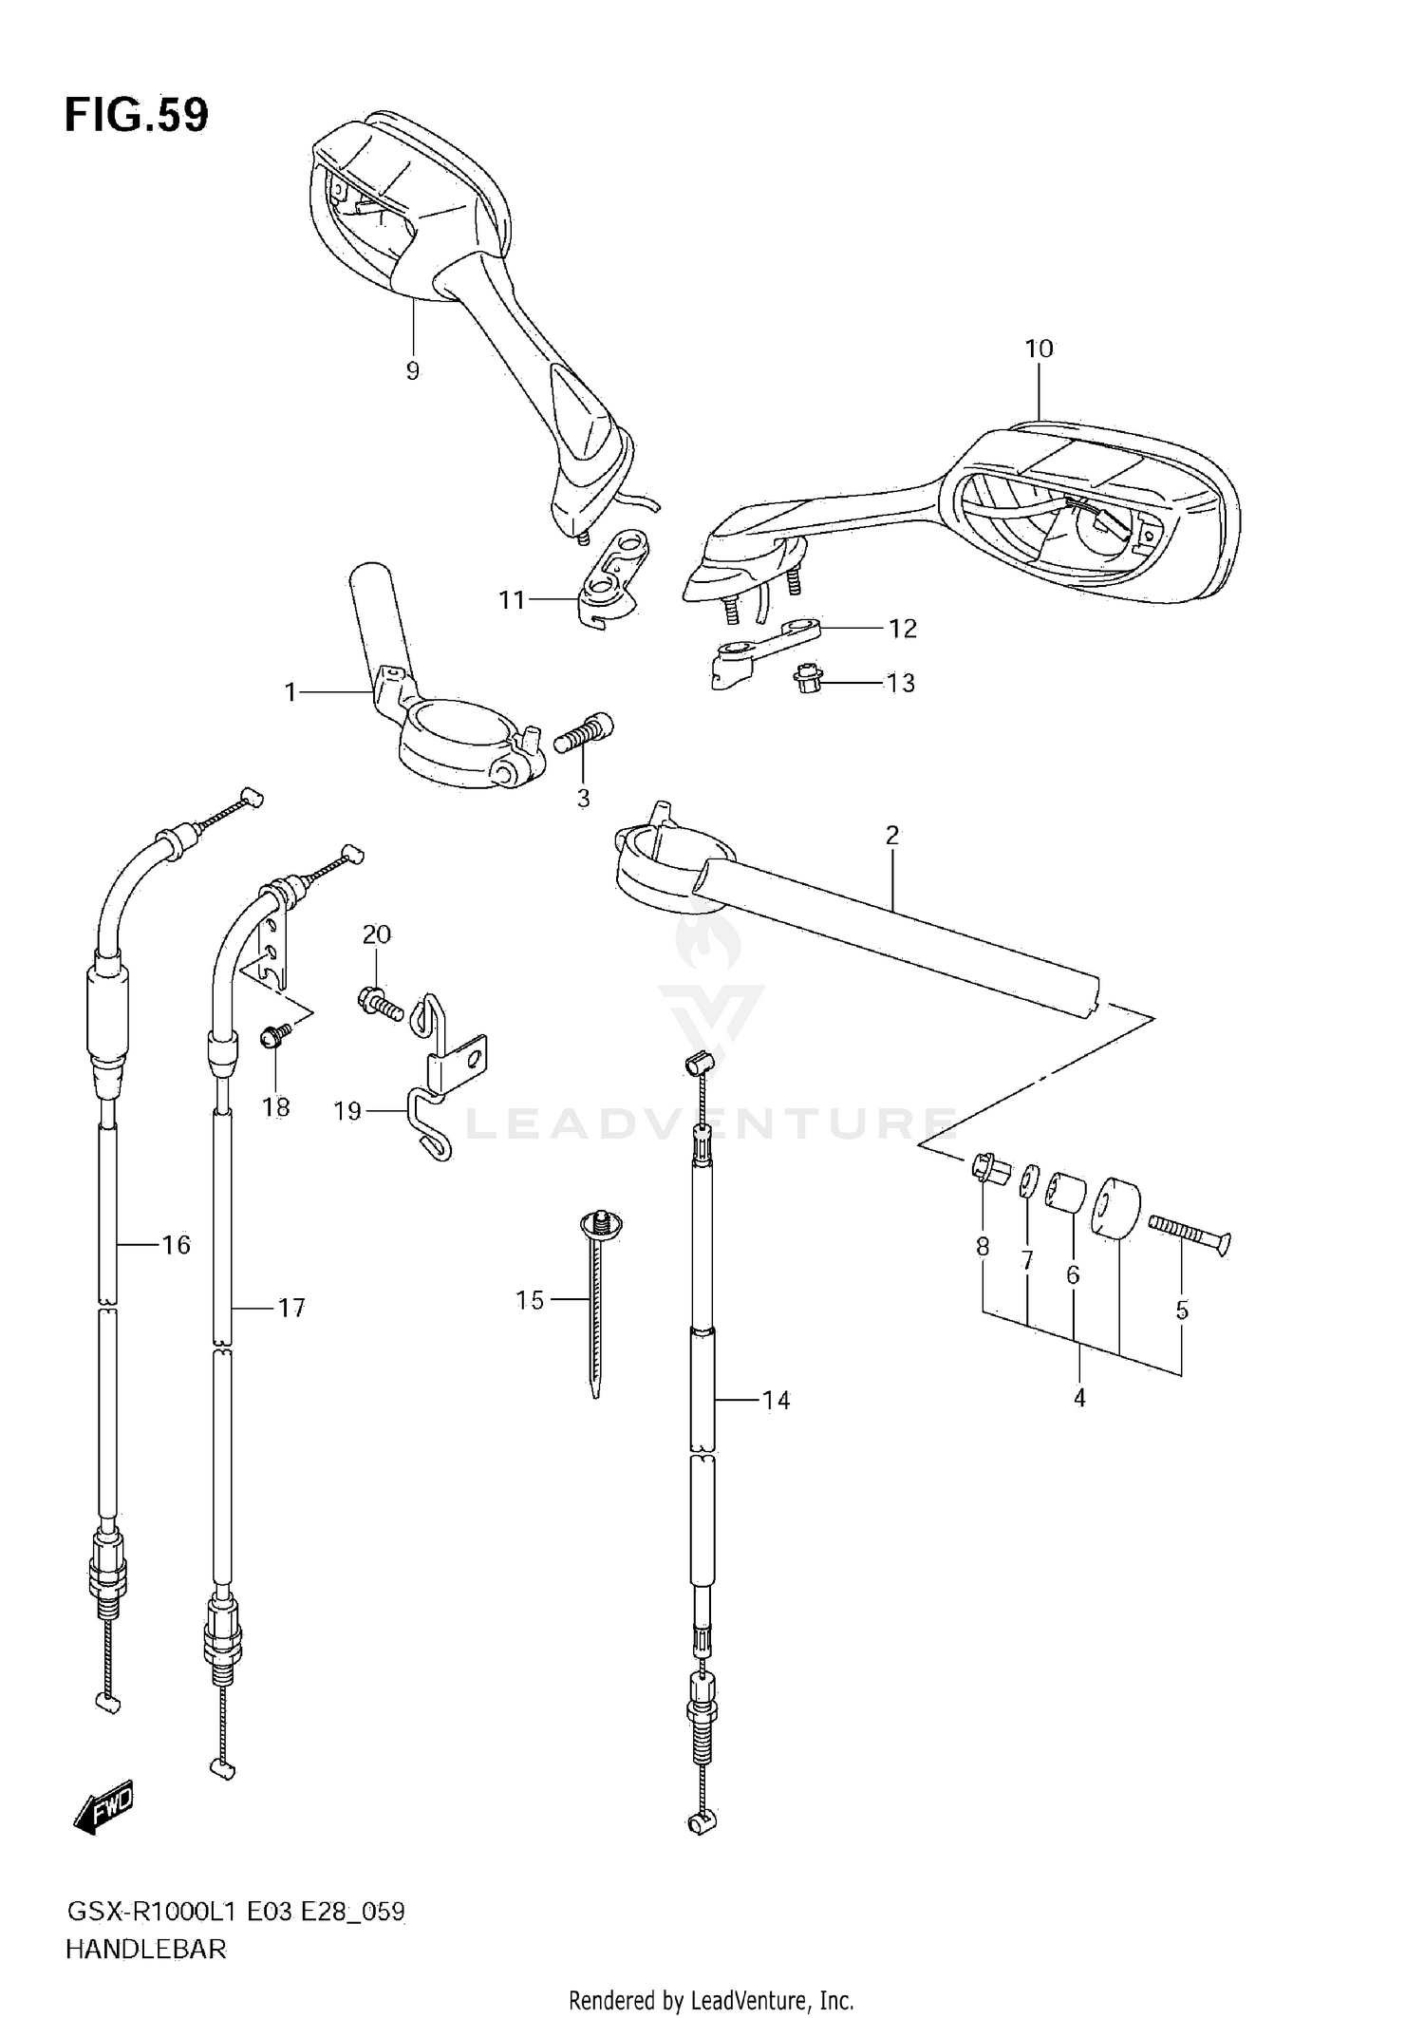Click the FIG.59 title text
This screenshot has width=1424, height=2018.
click(x=137, y=115)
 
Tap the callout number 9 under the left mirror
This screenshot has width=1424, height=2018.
click(x=413, y=371)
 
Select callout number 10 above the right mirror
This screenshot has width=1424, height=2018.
click(x=1039, y=349)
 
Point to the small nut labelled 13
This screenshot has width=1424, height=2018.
click(x=807, y=678)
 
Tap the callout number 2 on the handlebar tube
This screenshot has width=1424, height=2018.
click(x=891, y=835)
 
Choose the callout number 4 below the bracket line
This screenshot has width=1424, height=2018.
click(x=1079, y=1398)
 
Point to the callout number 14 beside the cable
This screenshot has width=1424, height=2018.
click(x=776, y=1400)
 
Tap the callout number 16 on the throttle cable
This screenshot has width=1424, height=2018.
click(x=177, y=1244)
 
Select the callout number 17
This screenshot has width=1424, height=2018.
click(x=290, y=1308)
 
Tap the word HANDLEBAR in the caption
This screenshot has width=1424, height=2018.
click(x=146, y=1950)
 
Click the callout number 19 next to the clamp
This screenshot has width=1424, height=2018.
click(x=347, y=1110)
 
